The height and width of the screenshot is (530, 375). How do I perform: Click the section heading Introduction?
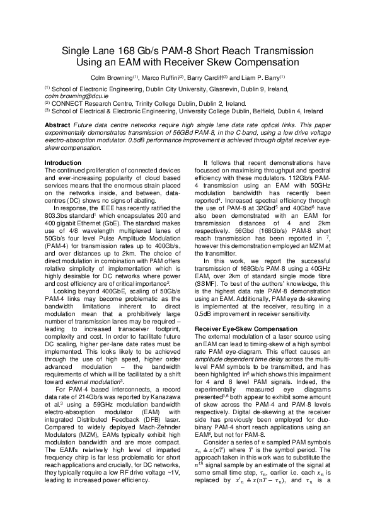point(64,162)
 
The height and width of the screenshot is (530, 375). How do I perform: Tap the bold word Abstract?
point(57,125)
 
